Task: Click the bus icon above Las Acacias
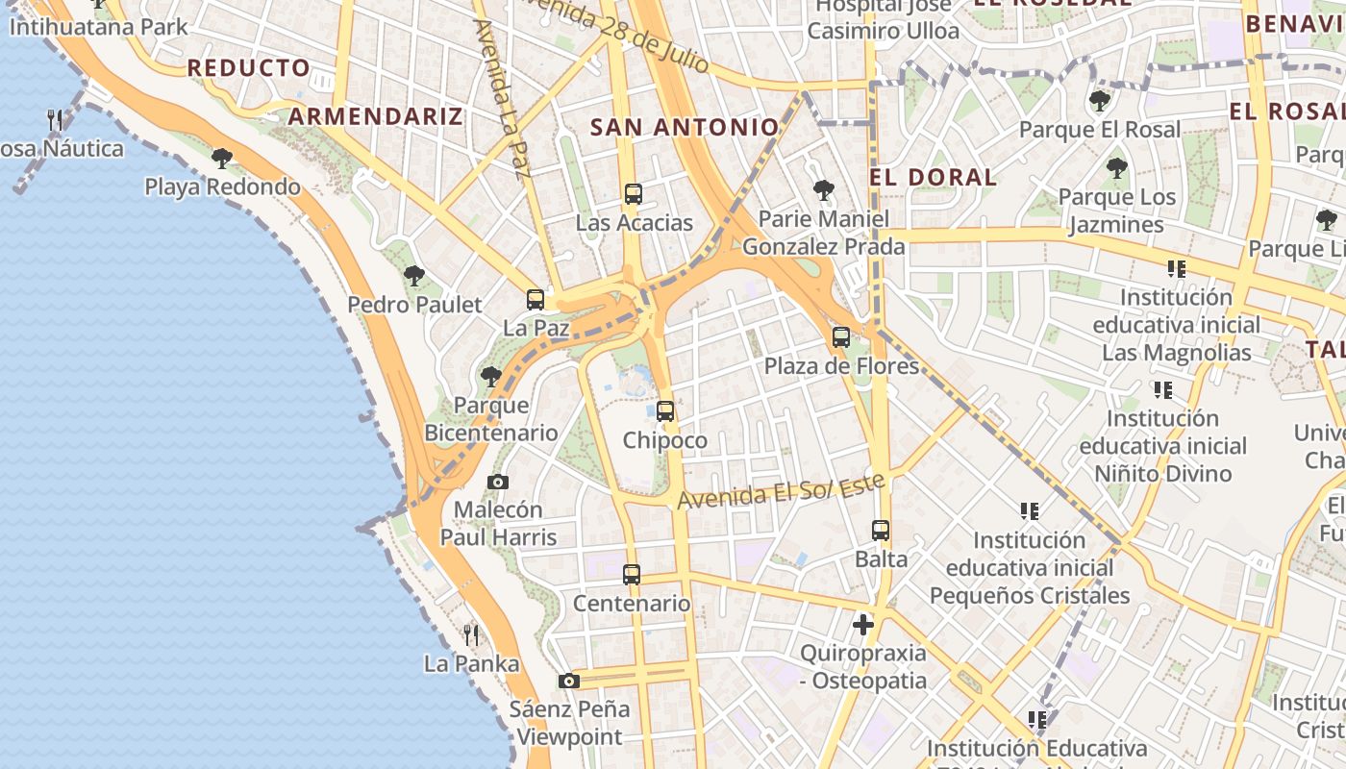pyautogui.click(x=633, y=193)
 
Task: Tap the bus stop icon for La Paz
pyautogui.click(x=536, y=299)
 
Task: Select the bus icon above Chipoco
pyautogui.click(x=664, y=411)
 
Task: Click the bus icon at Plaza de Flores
pyautogui.click(x=841, y=337)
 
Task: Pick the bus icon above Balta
pyautogui.click(x=881, y=530)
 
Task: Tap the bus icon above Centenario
pyautogui.click(x=632, y=575)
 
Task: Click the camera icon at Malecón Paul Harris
pyautogui.click(x=498, y=482)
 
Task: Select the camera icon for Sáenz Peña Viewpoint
pyautogui.click(x=569, y=681)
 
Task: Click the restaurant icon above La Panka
pyautogui.click(x=471, y=634)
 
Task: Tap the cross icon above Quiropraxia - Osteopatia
pyautogui.click(x=863, y=625)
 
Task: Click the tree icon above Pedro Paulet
pyautogui.click(x=414, y=276)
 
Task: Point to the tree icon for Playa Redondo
pyautogui.click(x=222, y=158)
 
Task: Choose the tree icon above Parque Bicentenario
pyautogui.click(x=491, y=376)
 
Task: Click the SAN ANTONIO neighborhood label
pyautogui.click(x=685, y=127)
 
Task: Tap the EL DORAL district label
pyautogui.click(x=933, y=177)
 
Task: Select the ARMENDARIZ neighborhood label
pyautogui.click(x=376, y=116)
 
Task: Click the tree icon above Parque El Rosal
pyautogui.click(x=1100, y=100)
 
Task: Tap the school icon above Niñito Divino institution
pyautogui.click(x=1163, y=390)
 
